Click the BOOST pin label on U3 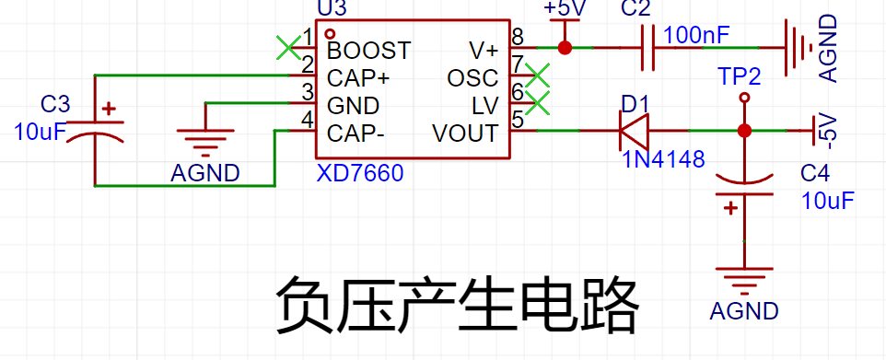pyautogui.click(x=369, y=51)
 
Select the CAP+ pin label pyautogui.click(x=358, y=78)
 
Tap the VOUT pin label pyautogui.click(x=466, y=134)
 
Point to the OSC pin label pyautogui.click(x=472, y=78)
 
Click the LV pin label pyautogui.click(x=485, y=106)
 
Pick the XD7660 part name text pyautogui.click(x=360, y=173)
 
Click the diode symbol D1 pyautogui.click(x=634, y=131)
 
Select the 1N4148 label pyautogui.click(x=664, y=159)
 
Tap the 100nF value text pyautogui.click(x=696, y=36)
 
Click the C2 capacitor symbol pyautogui.click(x=648, y=48)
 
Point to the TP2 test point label pyautogui.click(x=739, y=76)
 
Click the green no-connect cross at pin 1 pyautogui.click(x=289, y=48)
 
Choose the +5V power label pyautogui.click(x=565, y=8)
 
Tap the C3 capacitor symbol pyautogui.click(x=95, y=131)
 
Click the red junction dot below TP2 pyautogui.click(x=744, y=131)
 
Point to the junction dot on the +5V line pyautogui.click(x=565, y=48)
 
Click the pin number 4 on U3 pyautogui.click(x=308, y=120)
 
